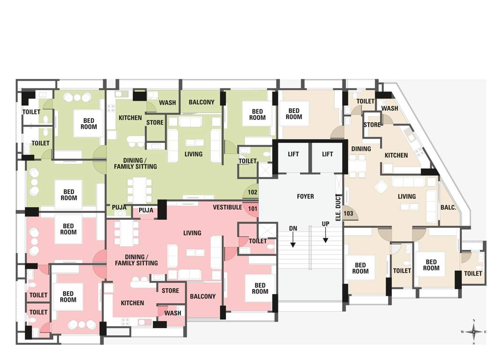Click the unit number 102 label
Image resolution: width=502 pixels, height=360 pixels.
[x=253, y=192]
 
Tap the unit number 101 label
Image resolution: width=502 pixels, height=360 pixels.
[x=253, y=209]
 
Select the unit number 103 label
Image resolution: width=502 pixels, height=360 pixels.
[x=349, y=213]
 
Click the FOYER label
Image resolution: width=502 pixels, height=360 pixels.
[x=306, y=196]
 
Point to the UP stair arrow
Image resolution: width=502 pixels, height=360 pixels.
[x=325, y=234]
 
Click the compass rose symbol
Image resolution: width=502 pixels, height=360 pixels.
[x=474, y=331]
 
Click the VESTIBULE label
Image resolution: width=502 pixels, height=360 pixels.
[x=227, y=207]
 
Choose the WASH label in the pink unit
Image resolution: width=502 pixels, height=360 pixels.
[x=172, y=313]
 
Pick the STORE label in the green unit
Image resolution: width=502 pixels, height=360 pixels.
[x=155, y=123]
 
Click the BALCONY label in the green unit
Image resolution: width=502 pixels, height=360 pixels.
[x=202, y=102]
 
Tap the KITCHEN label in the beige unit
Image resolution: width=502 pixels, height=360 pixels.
[x=396, y=155]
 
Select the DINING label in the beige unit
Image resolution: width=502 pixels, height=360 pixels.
[x=361, y=149]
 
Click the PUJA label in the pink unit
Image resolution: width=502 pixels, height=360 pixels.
[x=146, y=210]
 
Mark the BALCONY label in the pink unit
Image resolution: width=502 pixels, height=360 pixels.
[x=202, y=296]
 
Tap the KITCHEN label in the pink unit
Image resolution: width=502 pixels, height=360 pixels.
[x=132, y=303]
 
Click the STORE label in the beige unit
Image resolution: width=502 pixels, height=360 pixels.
[x=372, y=125]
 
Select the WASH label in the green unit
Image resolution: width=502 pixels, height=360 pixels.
[x=167, y=103]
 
